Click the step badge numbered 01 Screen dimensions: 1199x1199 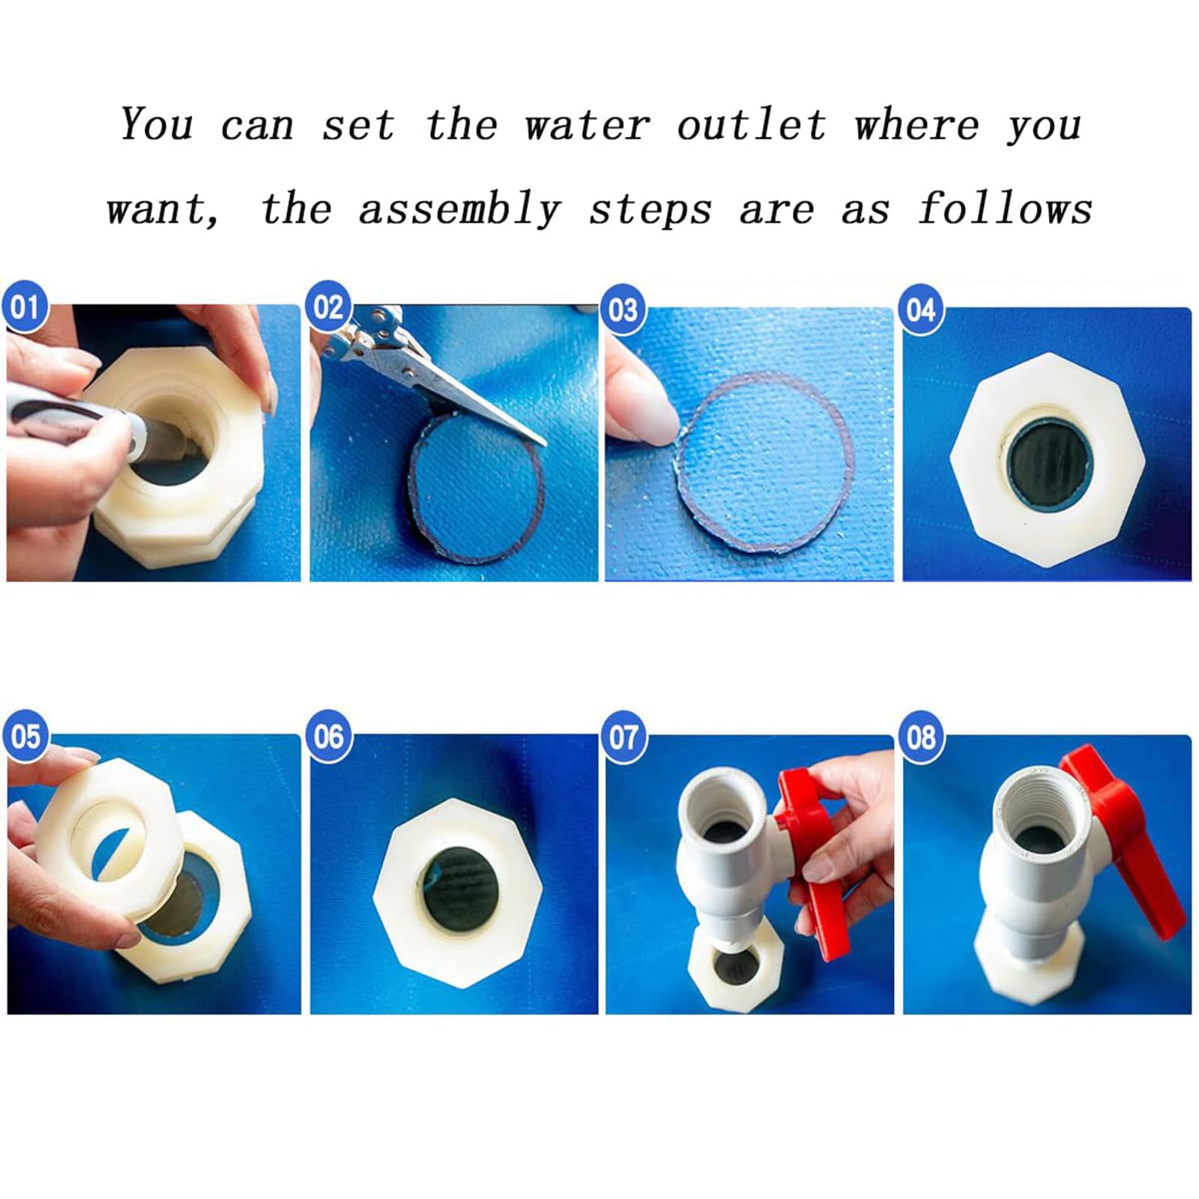(x=25, y=306)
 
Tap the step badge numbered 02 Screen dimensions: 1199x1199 (x=328, y=307)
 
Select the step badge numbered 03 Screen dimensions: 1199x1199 (x=623, y=309)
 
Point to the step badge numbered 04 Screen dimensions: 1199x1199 (x=921, y=309)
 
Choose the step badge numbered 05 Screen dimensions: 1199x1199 (x=25, y=736)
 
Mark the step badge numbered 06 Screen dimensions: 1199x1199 (x=328, y=736)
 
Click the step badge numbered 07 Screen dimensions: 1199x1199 (x=623, y=736)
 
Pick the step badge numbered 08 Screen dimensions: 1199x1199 (x=921, y=736)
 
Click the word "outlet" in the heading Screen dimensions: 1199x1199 (x=752, y=124)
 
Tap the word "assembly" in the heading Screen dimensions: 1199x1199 (x=460, y=209)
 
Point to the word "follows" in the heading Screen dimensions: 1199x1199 (x=1006, y=208)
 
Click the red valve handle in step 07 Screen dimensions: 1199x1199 (x=813, y=862)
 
